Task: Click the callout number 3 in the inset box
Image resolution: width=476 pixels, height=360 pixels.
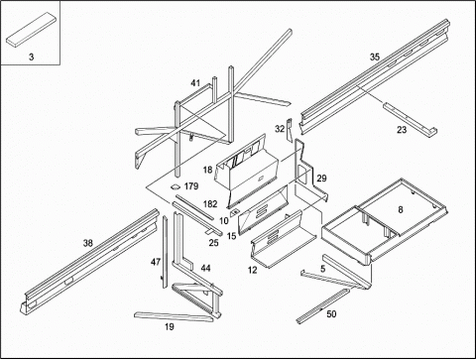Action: [x=31, y=57]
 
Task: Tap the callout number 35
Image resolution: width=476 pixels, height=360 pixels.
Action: [x=375, y=57]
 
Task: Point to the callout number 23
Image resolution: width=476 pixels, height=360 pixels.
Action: [x=402, y=130]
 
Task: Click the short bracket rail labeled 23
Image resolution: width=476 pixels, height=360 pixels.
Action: [x=410, y=120]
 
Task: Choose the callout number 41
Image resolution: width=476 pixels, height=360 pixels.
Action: [x=195, y=82]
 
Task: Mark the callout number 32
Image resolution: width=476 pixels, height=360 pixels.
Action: [x=280, y=129]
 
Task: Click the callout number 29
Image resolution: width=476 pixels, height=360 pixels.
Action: [x=321, y=179]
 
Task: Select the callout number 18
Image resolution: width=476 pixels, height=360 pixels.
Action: [x=207, y=170]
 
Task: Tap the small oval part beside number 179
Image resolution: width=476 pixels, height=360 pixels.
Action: [x=175, y=187]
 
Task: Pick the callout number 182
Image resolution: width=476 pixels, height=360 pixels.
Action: [x=210, y=204]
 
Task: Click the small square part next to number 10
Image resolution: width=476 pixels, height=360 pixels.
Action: [x=235, y=212]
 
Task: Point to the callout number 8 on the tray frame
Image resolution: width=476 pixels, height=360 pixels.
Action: [x=401, y=209]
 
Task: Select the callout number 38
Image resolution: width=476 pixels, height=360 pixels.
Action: [x=88, y=243]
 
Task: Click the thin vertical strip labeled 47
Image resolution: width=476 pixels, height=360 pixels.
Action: [x=165, y=252]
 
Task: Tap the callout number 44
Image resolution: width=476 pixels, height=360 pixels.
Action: [x=205, y=268]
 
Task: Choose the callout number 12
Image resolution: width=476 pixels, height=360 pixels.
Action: [x=253, y=270]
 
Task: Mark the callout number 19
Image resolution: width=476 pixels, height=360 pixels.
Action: [x=170, y=327]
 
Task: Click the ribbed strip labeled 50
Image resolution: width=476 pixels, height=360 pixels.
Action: [x=322, y=306]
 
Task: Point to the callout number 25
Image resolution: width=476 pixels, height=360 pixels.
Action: [x=213, y=243]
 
